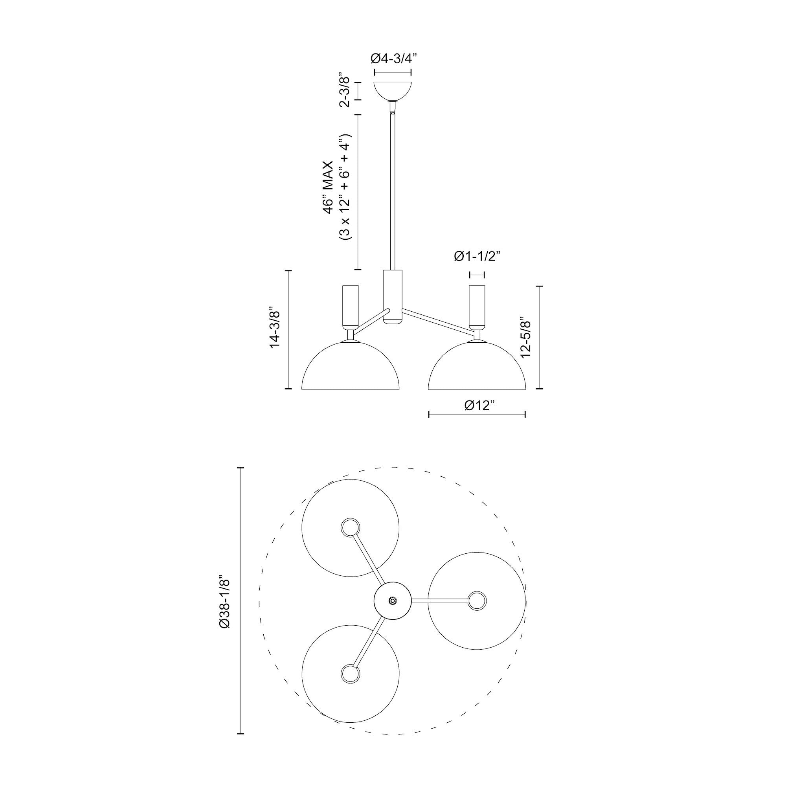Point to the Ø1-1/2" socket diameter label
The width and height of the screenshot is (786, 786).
coord(476,256)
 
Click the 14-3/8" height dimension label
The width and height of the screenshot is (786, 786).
coord(275,329)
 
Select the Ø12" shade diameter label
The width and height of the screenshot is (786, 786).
coord(479,405)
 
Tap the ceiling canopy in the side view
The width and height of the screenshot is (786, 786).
coord(393,92)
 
